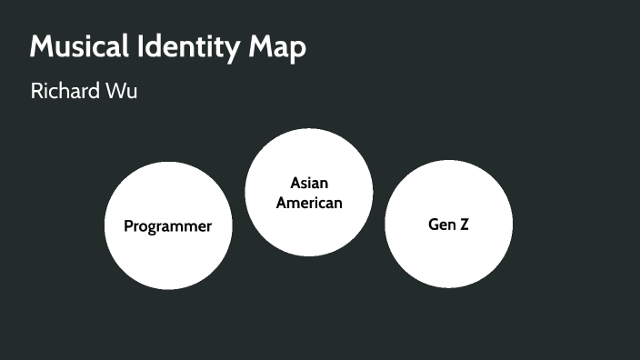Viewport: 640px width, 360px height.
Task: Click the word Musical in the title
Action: (x=83, y=47)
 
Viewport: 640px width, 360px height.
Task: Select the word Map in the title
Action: (x=279, y=48)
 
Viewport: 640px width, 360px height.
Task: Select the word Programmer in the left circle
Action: (x=168, y=226)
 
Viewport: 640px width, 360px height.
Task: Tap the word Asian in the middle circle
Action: (x=309, y=184)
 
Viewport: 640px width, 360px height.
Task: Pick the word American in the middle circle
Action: (x=309, y=203)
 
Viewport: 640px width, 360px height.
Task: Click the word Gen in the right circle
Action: (x=440, y=225)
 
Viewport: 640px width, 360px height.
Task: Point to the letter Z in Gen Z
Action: (x=464, y=225)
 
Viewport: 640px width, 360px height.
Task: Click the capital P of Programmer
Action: (x=129, y=226)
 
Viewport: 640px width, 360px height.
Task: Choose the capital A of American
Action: (x=282, y=203)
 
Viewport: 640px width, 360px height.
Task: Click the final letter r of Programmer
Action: (x=209, y=227)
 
